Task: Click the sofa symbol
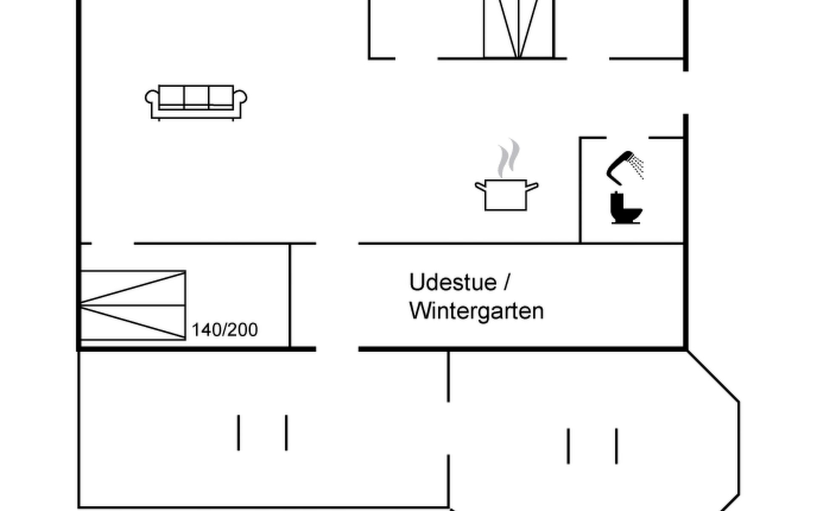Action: pos(196,102)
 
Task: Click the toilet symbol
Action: pos(626,209)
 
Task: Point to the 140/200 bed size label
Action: pos(225,330)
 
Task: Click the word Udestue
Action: pos(453,282)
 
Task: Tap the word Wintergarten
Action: pos(477,311)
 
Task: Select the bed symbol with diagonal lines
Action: pos(133,305)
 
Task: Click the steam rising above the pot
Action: pos(509,158)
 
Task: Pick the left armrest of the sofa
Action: pos(151,98)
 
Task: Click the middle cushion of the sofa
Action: pos(196,96)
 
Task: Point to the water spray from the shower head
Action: pos(637,166)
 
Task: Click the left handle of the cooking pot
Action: pos(480,186)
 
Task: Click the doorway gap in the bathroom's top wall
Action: pos(628,138)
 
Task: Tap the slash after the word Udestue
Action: pos(506,282)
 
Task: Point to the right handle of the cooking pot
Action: pos(533,186)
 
